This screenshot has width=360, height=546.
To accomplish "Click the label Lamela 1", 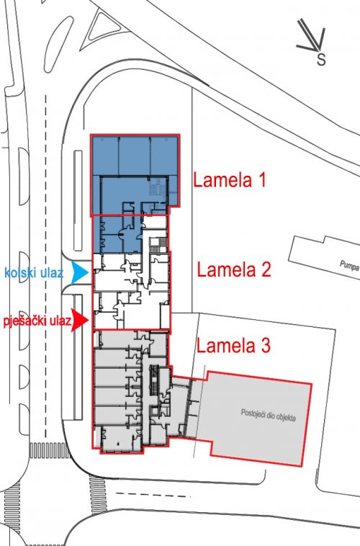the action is point(229,180).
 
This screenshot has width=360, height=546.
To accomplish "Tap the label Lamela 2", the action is point(234,269).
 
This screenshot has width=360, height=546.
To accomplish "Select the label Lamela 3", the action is point(233,346).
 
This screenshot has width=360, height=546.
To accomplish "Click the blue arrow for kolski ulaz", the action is point(80,272).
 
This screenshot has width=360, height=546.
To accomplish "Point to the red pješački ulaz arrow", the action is point(80,320).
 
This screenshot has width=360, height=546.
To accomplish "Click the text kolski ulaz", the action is point(34,272).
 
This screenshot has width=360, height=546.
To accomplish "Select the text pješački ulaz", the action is point(37,321).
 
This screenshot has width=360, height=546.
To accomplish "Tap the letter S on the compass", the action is point(321,59).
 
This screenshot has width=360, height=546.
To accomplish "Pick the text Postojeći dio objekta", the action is point(268,415).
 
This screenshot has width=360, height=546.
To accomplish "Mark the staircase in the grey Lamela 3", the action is point(154,380).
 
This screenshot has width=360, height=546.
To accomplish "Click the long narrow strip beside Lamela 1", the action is point(78,200).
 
